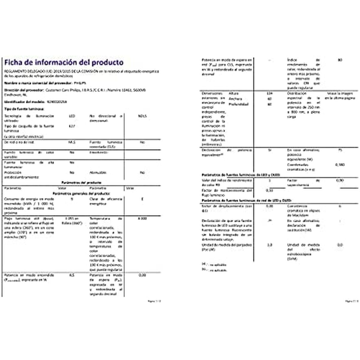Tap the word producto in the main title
(107, 62)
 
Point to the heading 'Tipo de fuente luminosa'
(24, 109)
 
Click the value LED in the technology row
(72, 116)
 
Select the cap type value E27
(72, 126)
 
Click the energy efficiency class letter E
(142, 199)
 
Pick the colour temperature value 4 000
(142, 219)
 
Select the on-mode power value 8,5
(72, 275)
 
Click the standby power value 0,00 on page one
(142, 275)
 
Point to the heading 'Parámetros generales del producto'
(81, 193)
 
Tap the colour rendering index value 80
(340, 60)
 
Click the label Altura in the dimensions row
(234, 94)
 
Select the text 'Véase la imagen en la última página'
(339, 96)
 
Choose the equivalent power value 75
(340, 150)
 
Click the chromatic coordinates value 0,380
(340, 165)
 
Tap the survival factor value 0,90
(340, 181)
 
